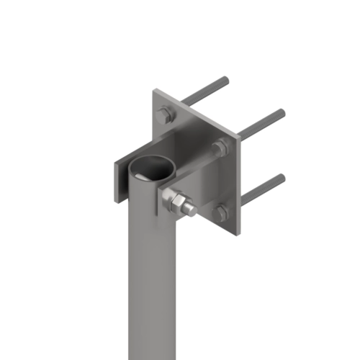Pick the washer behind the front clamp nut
[x=167, y=199]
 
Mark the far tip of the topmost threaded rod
[x=226, y=78]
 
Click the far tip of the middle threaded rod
[x=282, y=112]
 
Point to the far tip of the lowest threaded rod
[x=282, y=176]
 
